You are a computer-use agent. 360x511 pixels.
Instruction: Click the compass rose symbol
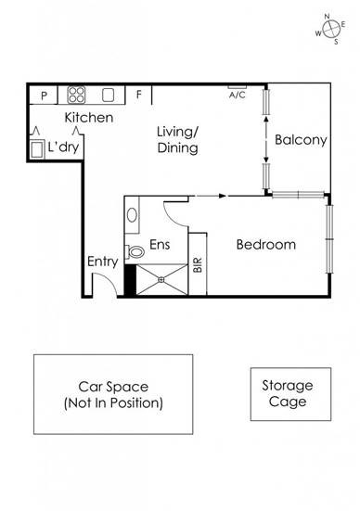coord(331,29)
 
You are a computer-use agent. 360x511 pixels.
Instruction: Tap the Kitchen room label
coord(89,118)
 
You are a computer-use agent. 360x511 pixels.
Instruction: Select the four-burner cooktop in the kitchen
coord(76,95)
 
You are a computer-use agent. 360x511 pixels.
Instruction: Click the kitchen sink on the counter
coord(108,96)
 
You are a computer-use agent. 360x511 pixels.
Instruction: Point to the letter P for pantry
coord(44,96)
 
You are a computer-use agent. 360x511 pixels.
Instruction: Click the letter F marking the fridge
coord(139,95)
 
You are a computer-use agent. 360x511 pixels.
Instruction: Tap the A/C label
coord(238,96)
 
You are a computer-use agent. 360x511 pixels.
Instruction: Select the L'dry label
coord(63,147)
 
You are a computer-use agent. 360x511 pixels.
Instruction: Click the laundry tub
coord(36,150)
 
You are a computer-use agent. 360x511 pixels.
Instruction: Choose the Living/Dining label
coord(178,140)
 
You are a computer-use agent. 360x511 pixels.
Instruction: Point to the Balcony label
coord(301,140)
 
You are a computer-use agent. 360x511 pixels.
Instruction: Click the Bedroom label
coord(266,245)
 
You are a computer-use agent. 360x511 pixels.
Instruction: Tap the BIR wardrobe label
coord(198,264)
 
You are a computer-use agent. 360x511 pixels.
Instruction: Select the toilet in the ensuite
coord(135,251)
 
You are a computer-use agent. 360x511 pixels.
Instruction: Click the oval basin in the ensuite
coord(132,215)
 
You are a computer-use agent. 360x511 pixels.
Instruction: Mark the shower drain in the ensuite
coord(161,280)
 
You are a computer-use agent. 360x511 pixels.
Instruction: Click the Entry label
coord(102,262)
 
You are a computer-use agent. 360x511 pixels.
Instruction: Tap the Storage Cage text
coord(288,393)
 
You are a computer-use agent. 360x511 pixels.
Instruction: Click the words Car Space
coord(113,387)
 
